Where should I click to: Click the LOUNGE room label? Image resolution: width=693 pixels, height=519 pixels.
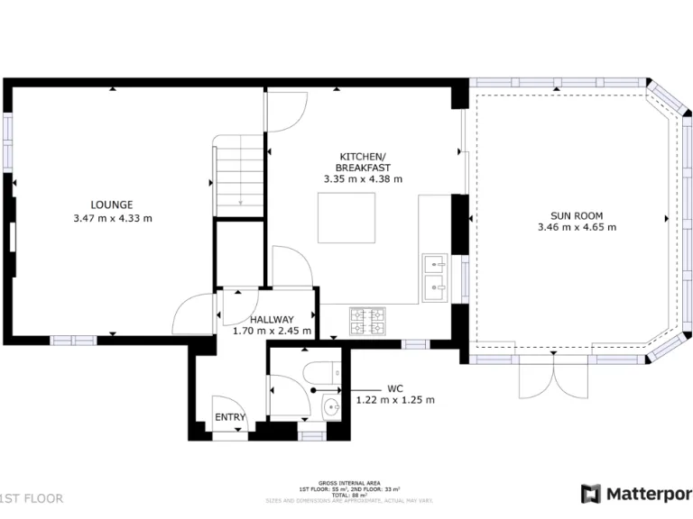point(112,205)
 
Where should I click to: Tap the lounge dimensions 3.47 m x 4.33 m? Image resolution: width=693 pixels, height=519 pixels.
point(112,218)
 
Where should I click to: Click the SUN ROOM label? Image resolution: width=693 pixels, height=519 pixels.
point(577,215)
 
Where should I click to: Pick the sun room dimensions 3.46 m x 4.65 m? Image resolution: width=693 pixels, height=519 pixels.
point(577,228)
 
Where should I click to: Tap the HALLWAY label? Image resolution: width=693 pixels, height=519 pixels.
point(272,319)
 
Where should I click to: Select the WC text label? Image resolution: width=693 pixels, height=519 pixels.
point(395,388)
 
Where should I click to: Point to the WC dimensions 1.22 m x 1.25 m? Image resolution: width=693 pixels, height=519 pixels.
point(395,400)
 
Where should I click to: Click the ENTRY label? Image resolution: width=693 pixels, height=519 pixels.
point(229,417)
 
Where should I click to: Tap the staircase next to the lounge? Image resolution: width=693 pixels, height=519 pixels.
point(240,177)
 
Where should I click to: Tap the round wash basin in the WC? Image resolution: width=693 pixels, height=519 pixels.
point(331,408)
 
